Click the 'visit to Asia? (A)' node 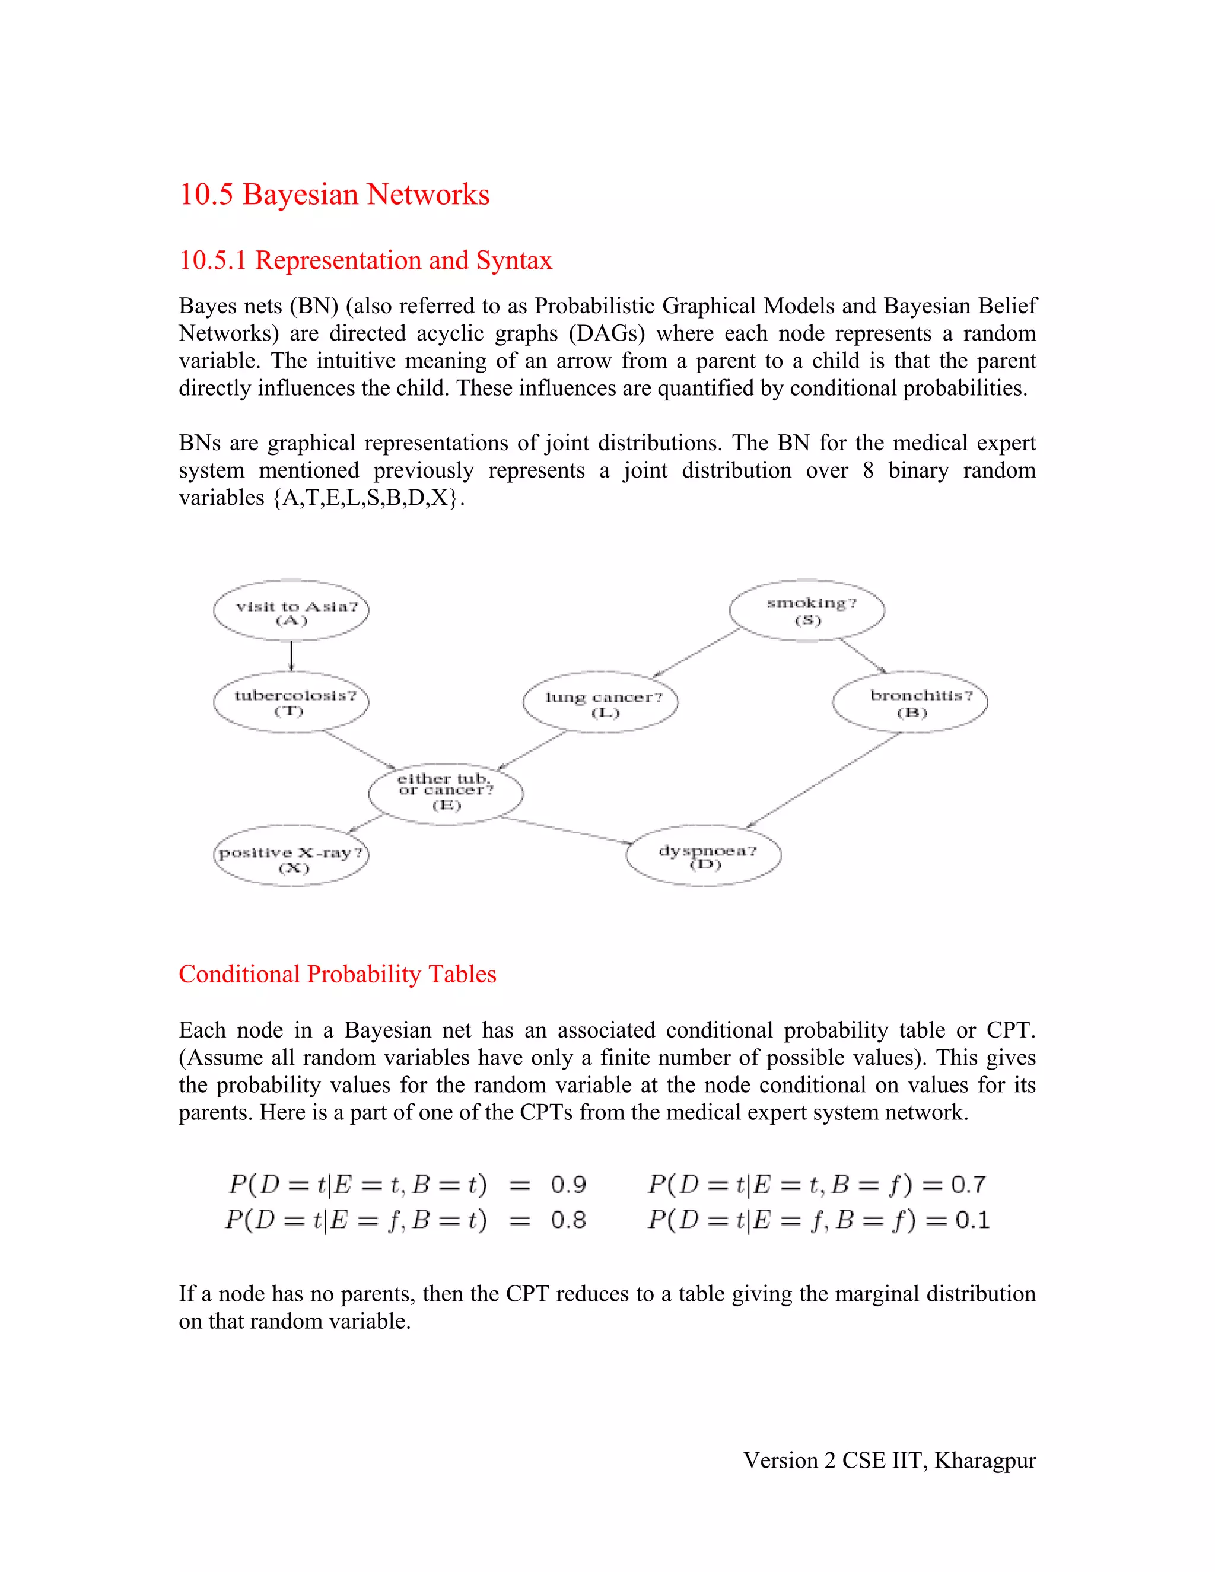tap(291, 611)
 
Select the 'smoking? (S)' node tap(807, 610)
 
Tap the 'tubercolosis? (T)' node tap(291, 702)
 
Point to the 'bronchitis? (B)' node tap(910, 702)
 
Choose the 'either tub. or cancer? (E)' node tap(446, 793)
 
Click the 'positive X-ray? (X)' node tap(291, 857)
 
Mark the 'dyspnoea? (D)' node tap(704, 856)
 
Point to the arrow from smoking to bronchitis tap(861, 655)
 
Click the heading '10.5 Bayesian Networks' tap(334, 195)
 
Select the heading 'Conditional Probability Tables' tap(337, 974)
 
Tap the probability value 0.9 tap(568, 1184)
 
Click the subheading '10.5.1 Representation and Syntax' tap(365, 260)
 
